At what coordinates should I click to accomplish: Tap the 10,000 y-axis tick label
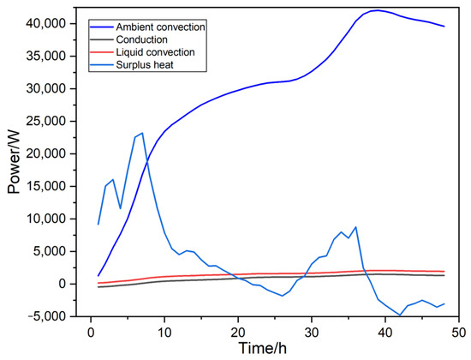pyautogui.click(x=50, y=219)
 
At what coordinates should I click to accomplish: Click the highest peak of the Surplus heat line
pyautogui.click(x=142, y=133)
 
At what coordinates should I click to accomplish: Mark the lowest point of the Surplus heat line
pyautogui.click(x=400, y=315)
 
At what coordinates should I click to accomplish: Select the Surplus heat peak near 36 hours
pyautogui.click(x=355, y=227)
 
